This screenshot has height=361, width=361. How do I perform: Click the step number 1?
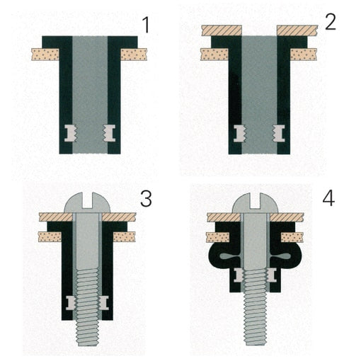[x=146, y=25]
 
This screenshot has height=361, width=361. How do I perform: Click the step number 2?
[x=331, y=22]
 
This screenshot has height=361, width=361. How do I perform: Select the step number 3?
[x=146, y=198]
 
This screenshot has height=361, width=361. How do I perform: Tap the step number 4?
[x=328, y=198]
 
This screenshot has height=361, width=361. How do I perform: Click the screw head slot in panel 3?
[x=87, y=200]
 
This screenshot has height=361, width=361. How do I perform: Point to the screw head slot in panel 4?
[x=255, y=201]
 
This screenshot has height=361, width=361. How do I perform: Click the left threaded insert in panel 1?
[x=71, y=133]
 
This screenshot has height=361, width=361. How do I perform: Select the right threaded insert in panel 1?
[x=110, y=133]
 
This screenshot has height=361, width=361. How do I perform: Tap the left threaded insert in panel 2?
[x=240, y=134]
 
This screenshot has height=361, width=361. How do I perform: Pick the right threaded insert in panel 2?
[x=279, y=134]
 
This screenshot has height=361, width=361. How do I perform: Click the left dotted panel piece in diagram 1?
[x=45, y=55]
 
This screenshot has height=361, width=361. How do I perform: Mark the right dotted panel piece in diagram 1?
[x=134, y=55]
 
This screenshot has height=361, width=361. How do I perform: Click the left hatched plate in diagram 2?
[x=222, y=30]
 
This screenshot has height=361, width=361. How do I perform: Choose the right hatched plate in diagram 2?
[x=297, y=30]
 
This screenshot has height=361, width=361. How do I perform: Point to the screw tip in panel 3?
[x=87, y=344]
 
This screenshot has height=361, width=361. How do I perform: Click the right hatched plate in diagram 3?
[x=119, y=217]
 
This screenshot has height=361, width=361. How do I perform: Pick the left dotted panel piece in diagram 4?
[x=218, y=237]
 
